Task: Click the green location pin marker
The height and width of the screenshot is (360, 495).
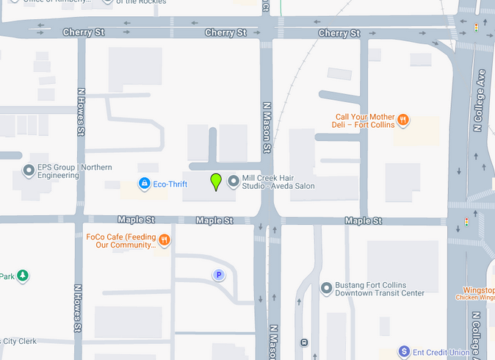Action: pos(216,181)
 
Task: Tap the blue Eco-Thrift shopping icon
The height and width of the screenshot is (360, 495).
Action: pos(145,182)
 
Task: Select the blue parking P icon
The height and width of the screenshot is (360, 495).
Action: pos(218,275)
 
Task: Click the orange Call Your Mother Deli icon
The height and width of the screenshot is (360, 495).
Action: pos(402,120)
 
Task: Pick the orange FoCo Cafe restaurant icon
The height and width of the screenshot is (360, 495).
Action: pos(165,240)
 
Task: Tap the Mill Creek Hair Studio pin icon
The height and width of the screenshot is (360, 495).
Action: pos(234,181)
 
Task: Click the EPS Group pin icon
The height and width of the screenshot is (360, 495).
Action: pos(29,171)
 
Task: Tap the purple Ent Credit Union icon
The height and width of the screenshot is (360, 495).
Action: pos(403,351)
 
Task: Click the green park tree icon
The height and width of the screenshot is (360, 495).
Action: pos(23,276)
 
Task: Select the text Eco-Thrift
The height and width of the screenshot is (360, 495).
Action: pos(170,182)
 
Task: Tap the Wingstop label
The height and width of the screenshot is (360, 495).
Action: pos(478,290)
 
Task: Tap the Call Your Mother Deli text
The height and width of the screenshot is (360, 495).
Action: pos(365,120)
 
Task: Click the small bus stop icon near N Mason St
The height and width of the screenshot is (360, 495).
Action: pos(304,342)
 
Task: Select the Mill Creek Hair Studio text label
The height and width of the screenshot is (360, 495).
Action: pos(278,181)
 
